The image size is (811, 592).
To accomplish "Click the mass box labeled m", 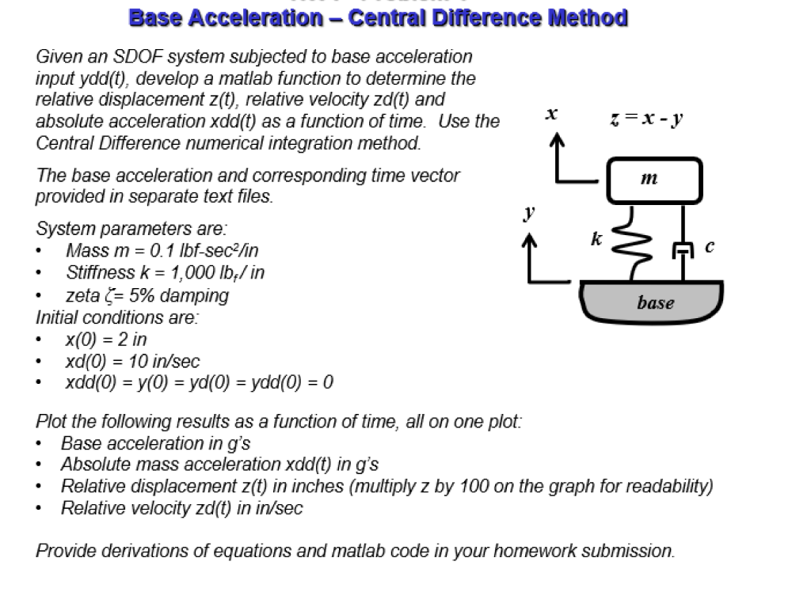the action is click(x=654, y=180).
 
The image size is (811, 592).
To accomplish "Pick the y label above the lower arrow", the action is click(x=530, y=212).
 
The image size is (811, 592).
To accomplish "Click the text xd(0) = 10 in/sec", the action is click(x=131, y=362).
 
